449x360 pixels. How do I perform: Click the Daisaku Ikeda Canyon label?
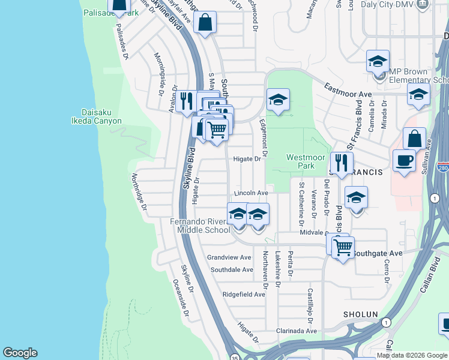(101, 116)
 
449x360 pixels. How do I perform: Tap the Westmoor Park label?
(301, 161)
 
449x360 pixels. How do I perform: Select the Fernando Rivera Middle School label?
(199, 225)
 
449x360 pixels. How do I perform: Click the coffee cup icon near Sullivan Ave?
(404, 161)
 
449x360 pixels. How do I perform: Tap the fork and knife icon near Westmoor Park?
(341, 163)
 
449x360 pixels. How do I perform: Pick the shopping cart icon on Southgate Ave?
(343, 247)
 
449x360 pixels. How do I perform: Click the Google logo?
(20, 353)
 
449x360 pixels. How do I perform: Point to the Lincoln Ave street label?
(251, 193)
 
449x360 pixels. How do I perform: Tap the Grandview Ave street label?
(229, 257)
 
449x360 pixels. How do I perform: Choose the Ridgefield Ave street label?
(243, 295)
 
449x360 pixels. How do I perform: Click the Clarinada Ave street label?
(296, 331)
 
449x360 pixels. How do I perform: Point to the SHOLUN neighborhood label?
(360, 314)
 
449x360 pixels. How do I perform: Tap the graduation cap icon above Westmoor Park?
(278, 100)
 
